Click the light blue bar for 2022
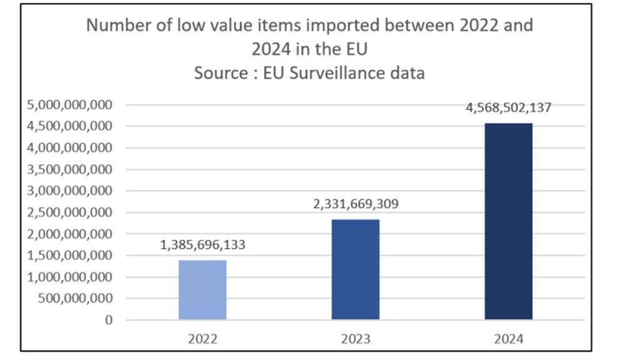tap(202, 290)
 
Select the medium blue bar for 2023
tap(355, 269)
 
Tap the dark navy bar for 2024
tap(508, 221)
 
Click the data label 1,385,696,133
tap(202, 245)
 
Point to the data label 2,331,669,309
tap(355, 204)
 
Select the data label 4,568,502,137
tap(508, 107)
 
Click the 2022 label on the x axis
tap(202, 339)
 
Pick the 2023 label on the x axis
tap(355, 339)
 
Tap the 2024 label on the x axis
tap(508, 339)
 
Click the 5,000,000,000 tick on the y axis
tap(69, 105)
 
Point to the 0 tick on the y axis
tap(109, 320)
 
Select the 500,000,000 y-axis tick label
tap(76, 299)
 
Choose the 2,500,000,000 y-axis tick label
tap(69, 212)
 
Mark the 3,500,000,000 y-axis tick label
tap(69, 169)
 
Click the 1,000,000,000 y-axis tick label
tap(69, 277)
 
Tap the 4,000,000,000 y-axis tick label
tap(69, 148)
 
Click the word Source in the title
tap(219, 73)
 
